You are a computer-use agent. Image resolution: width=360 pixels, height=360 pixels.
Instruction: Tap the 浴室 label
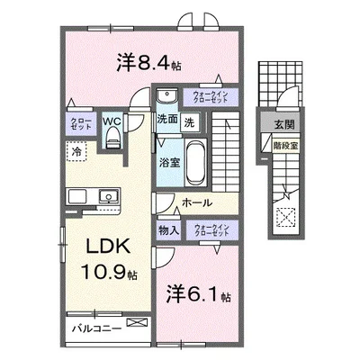tap(170, 164)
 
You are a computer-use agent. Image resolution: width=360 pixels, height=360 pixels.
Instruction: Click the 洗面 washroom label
tap(166, 121)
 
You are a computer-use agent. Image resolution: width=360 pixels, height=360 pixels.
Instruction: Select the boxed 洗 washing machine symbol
tap(190, 121)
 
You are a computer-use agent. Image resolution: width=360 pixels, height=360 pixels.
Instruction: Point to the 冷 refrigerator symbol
tap(79, 153)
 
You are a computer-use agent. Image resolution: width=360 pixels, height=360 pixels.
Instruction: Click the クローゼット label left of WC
tap(79, 123)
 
